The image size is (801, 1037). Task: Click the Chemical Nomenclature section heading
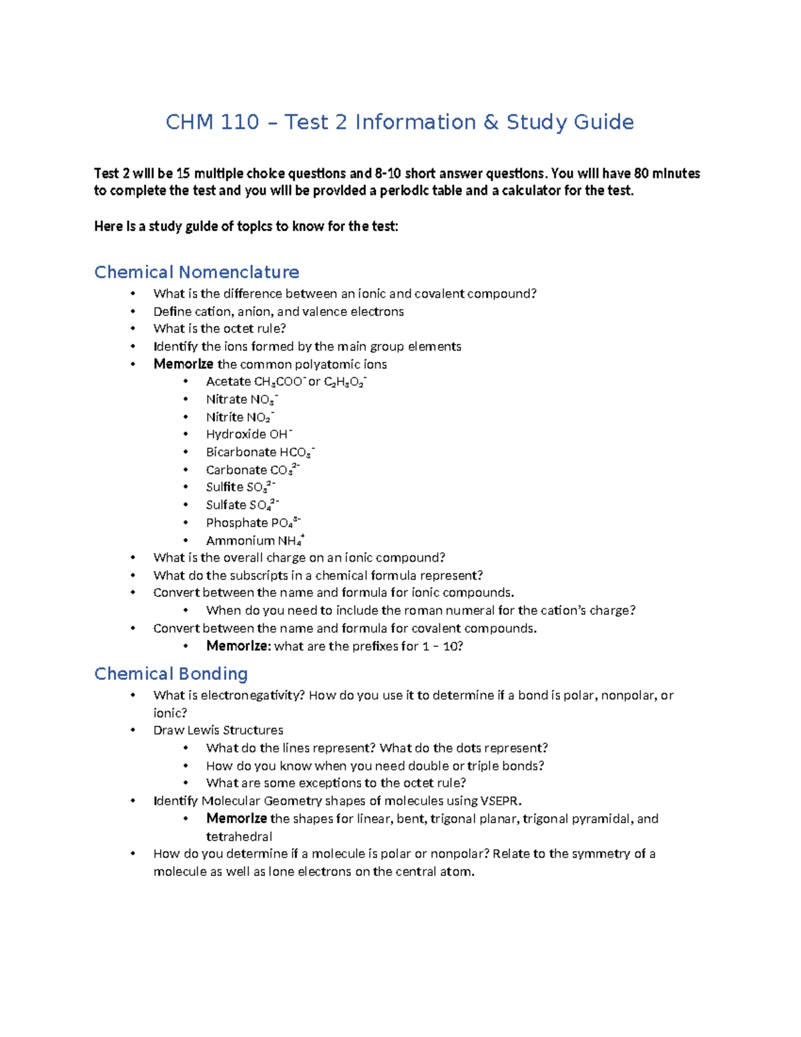(196, 272)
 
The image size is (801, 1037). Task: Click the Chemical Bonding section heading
(171, 674)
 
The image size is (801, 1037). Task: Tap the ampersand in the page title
(491, 122)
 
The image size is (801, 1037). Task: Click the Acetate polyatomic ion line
(286, 382)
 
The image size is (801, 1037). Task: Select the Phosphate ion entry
(253, 523)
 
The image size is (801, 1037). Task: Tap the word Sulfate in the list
(226, 505)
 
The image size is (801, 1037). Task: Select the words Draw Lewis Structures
(218, 730)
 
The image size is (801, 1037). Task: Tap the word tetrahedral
(239, 837)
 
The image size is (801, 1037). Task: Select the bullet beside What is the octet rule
(133, 329)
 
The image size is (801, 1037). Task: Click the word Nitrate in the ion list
(226, 399)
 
